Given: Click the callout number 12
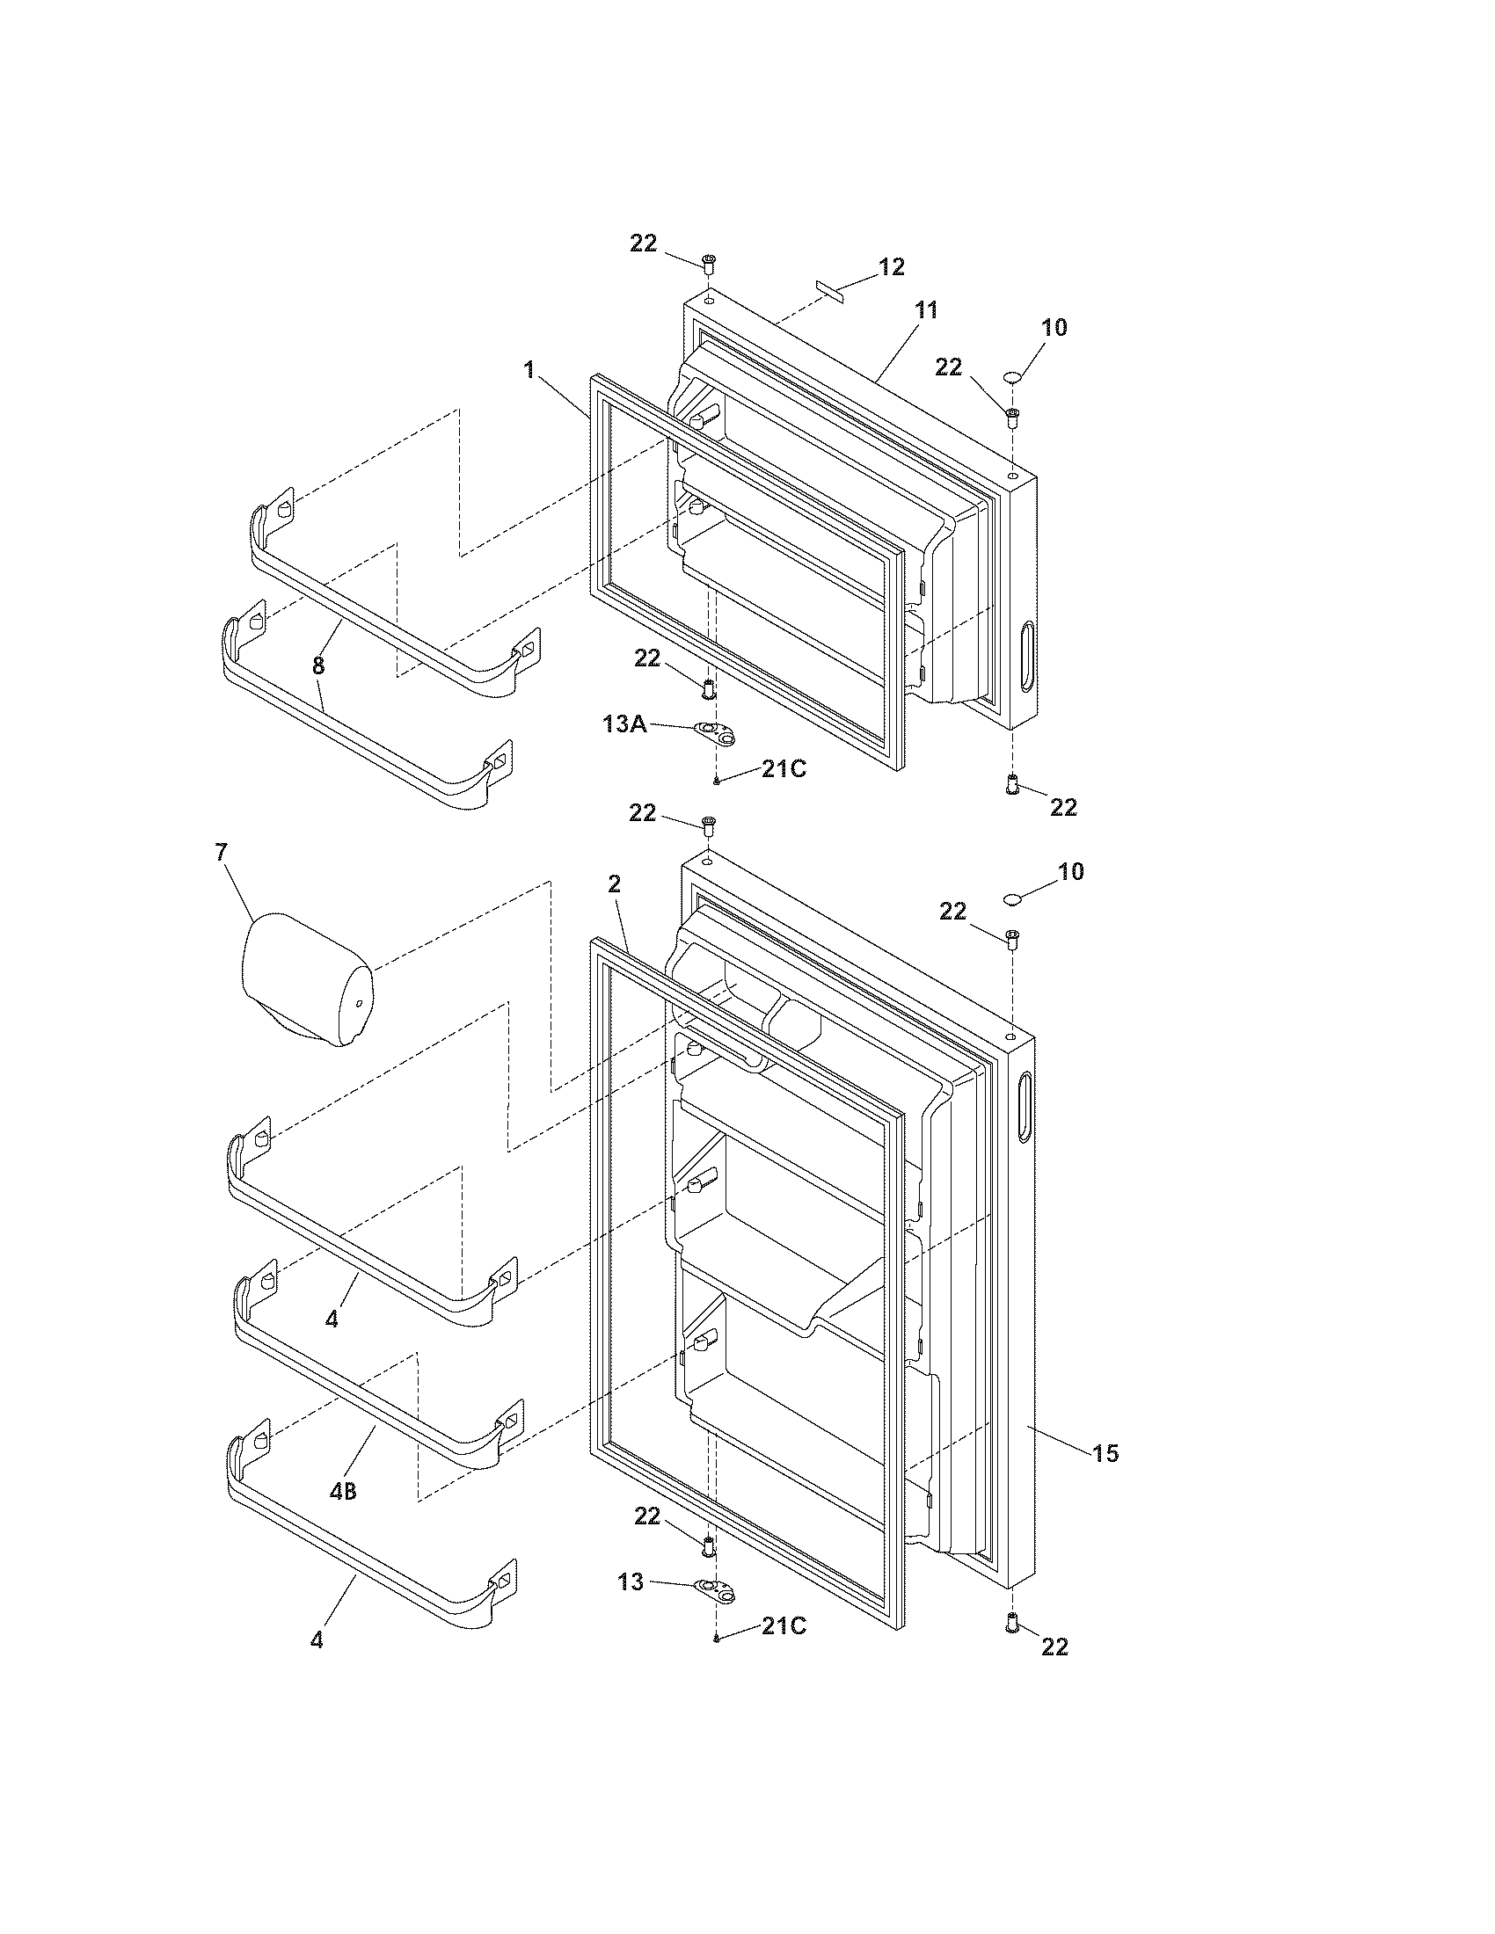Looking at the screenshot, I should coord(891,266).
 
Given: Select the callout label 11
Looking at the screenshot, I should coord(925,310).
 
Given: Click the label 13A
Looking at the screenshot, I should coord(624,724).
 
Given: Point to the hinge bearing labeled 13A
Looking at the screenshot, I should coord(716,732).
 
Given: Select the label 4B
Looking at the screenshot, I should coord(343,1492).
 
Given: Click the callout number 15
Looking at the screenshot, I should coord(1105,1453).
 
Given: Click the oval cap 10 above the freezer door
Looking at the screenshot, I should coord(1013,378).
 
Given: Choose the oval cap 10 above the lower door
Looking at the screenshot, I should coord(1012,900).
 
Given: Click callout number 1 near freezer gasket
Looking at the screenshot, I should coord(529,369).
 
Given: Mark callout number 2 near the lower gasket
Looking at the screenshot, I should coord(615,884).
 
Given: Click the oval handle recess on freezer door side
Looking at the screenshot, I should coord(1026,656).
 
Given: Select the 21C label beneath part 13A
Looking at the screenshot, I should coord(784,768).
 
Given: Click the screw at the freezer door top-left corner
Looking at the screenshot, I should coord(709,262).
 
